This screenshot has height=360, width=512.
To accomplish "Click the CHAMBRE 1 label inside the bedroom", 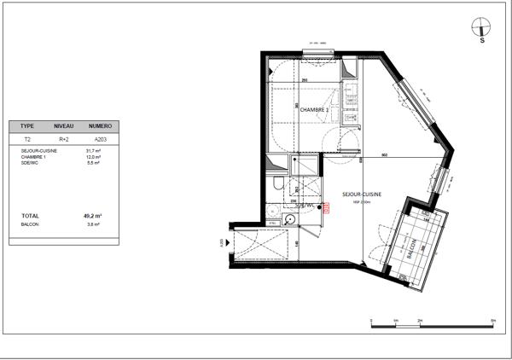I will click(x=314, y=122).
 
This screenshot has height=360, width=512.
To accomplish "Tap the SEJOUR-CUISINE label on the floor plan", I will click(x=361, y=195).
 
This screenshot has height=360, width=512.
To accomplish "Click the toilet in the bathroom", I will click(x=277, y=185).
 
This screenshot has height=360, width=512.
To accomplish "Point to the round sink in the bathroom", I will click(x=291, y=218).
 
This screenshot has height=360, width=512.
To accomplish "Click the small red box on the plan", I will click(x=326, y=206).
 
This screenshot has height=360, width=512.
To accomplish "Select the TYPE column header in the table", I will click(x=27, y=125).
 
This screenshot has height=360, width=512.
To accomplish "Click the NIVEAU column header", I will click(x=64, y=125).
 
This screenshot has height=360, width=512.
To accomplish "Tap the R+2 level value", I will click(x=63, y=137).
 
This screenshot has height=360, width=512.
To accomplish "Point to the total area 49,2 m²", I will click(x=93, y=217).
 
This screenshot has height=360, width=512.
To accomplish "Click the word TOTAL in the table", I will click(x=30, y=217).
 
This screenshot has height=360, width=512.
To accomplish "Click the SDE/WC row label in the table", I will click(x=30, y=163).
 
